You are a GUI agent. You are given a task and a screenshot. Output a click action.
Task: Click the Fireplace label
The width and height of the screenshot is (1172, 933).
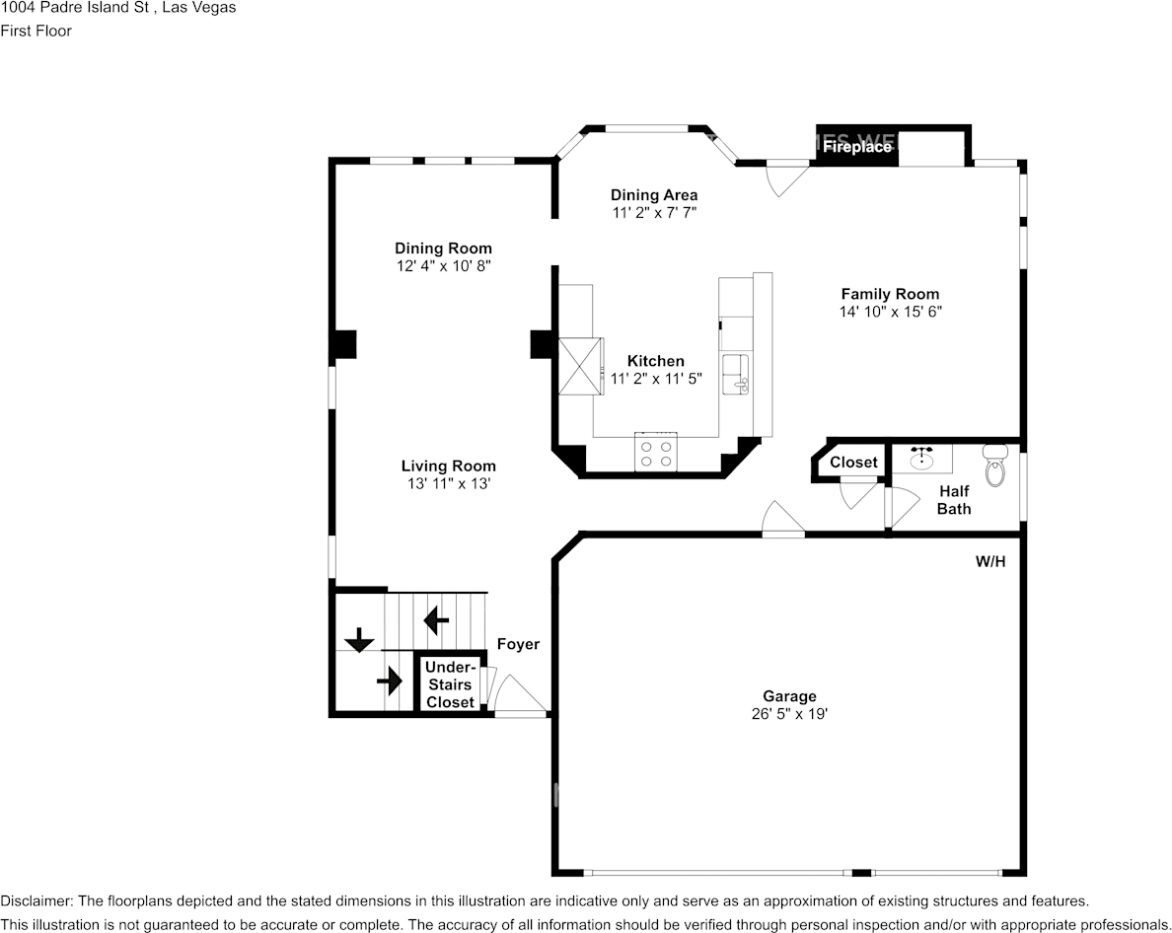click(x=857, y=147)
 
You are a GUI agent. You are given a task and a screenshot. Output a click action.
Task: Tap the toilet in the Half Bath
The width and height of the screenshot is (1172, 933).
click(x=995, y=466)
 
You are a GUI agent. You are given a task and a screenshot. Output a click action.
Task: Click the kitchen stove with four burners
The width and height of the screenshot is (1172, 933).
click(x=655, y=452)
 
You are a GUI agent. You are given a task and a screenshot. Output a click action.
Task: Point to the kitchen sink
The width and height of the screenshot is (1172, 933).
click(x=735, y=375)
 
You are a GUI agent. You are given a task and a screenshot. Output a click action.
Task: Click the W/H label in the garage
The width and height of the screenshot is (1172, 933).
click(x=990, y=561)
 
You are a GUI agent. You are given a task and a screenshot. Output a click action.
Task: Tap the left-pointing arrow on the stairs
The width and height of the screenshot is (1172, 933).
click(x=436, y=619)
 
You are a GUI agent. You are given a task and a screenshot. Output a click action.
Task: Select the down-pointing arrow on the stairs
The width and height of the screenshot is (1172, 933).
click(x=359, y=640)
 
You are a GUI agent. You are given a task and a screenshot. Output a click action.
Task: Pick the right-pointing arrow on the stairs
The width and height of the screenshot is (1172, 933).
click(x=390, y=681)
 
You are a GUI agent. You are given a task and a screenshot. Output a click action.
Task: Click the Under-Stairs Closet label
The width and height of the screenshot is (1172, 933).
click(x=450, y=684)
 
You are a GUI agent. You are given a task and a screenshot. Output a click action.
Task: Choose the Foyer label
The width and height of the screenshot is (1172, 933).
click(x=518, y=644)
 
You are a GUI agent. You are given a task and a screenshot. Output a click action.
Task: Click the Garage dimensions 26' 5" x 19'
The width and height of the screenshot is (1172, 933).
click(x=789, y=714)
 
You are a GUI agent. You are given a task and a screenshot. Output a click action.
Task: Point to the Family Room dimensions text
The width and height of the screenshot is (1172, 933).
click(x=890, y=312)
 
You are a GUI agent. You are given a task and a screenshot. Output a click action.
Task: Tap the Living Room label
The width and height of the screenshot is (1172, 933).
click(x=449, y=466)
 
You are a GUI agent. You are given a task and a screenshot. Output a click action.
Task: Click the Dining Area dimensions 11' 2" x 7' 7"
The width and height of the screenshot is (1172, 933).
click(x=654, y=213)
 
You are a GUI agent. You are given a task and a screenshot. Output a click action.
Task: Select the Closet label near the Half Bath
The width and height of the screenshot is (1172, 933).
click(x=853, y=463)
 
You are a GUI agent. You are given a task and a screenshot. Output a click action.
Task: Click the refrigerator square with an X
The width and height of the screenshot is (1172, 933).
click(x=581, y=366)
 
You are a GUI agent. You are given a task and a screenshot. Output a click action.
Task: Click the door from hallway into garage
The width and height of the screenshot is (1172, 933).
click(x=782, y=520)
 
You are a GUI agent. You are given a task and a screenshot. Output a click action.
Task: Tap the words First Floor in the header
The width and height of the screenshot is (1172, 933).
click(x=36, y=31)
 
